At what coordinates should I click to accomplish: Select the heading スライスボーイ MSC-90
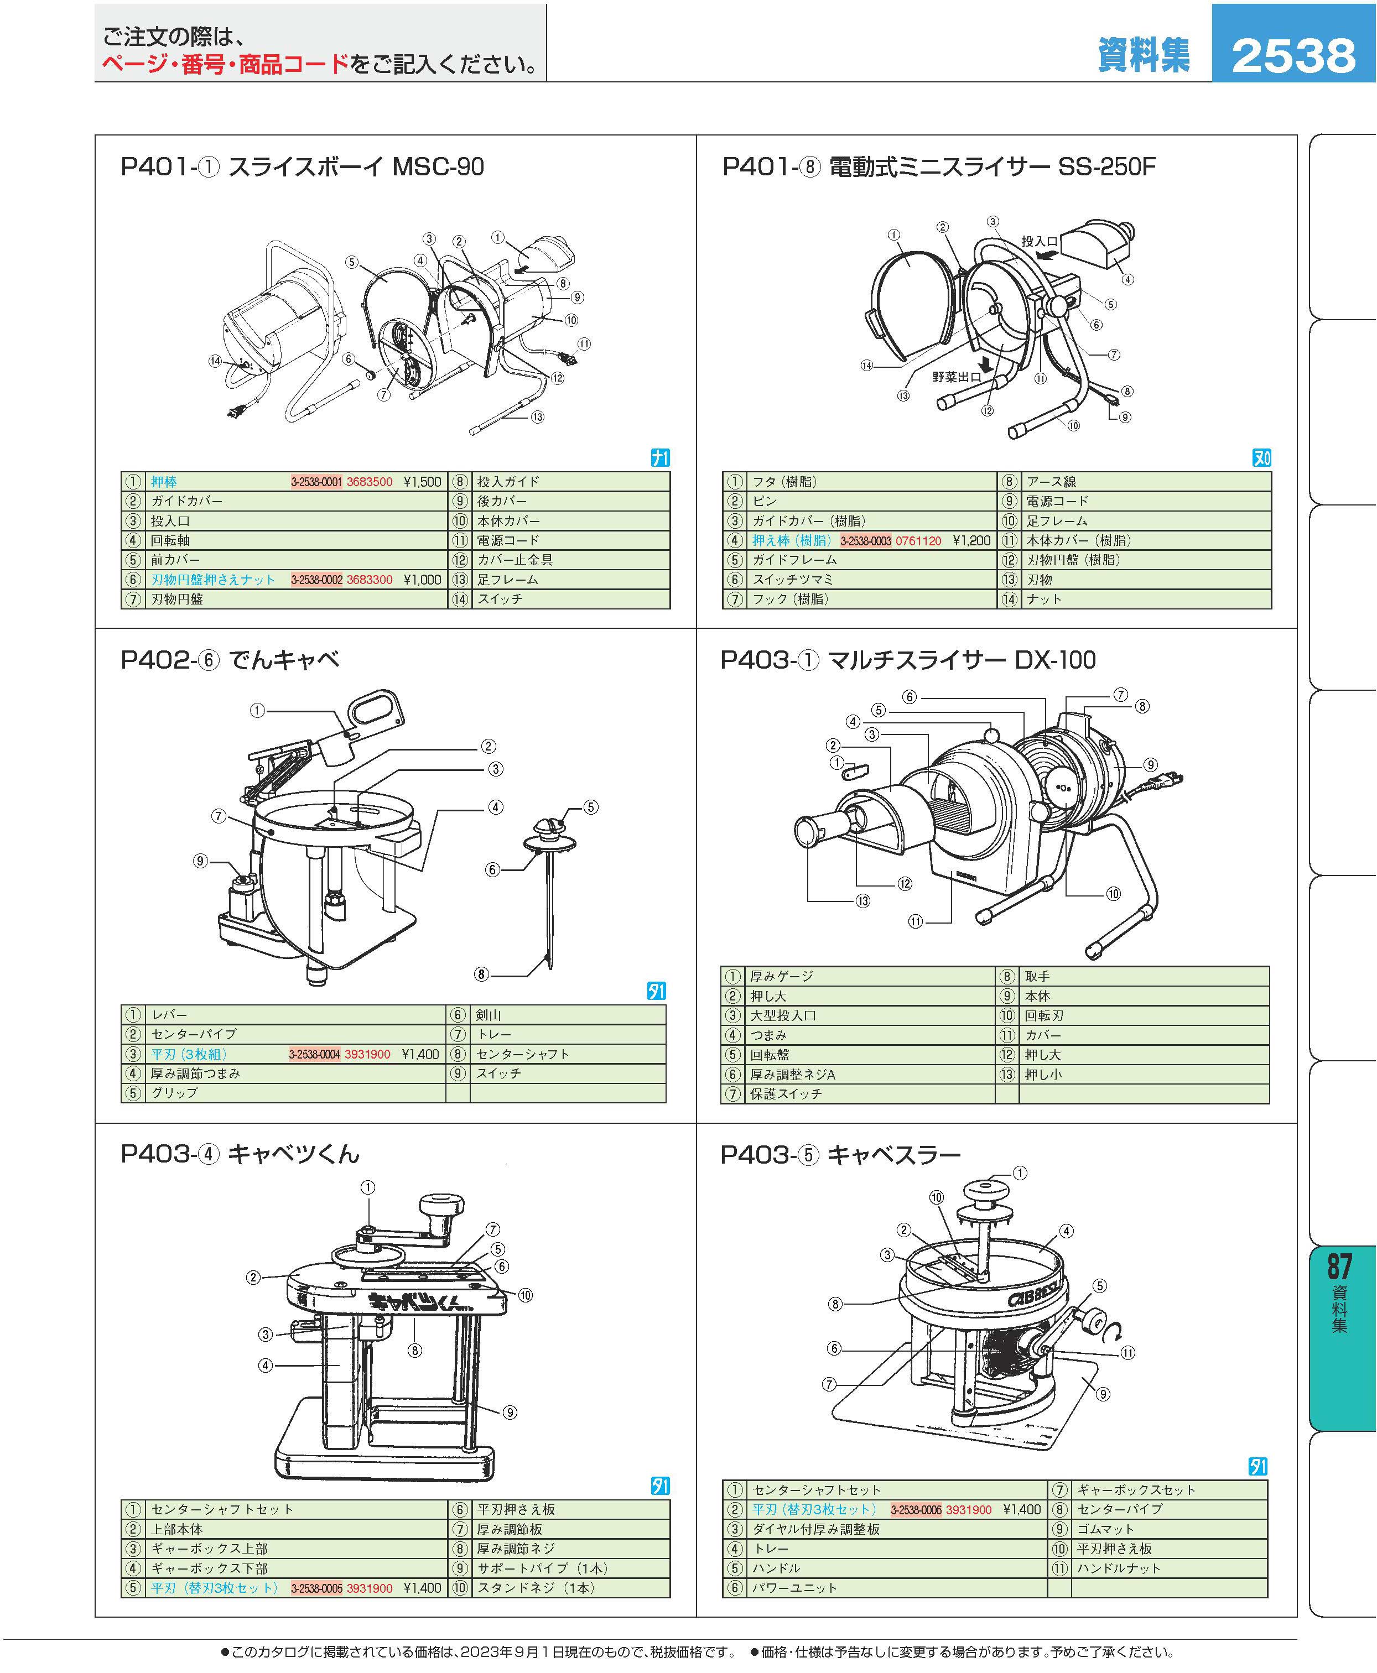(356, 167)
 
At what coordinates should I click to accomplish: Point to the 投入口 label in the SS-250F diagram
(1039, 241)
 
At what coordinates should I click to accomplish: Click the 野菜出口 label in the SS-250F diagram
(957, 377)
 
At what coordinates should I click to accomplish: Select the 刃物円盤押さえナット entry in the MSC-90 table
(214, 580)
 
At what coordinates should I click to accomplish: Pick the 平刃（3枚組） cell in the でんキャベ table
(190, 1054)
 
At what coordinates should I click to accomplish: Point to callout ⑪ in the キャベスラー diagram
(1127, 1353)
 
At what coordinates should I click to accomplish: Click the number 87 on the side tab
(1340, 1267)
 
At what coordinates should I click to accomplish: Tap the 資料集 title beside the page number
(1143, 55)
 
